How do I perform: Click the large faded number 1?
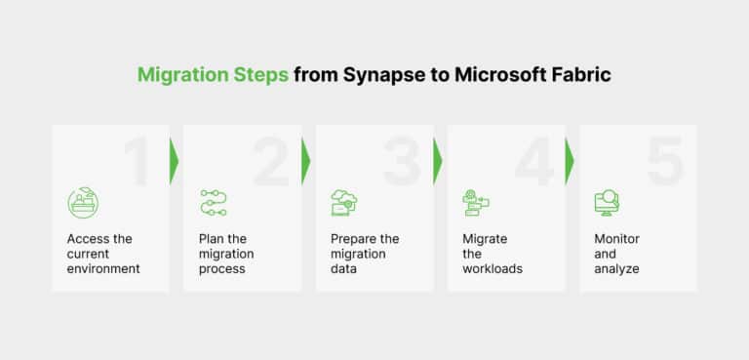point(136,161)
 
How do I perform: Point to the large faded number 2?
point(271,161)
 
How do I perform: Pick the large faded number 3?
point(402,161)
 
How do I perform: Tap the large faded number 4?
point(534,161)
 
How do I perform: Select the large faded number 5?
point(665,161)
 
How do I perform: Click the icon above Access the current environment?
point(83,202)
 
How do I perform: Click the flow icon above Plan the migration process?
point(214,202)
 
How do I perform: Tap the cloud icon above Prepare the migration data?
point(344,202)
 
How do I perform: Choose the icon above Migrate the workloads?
point(476,202)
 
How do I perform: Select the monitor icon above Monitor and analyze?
point(607,202)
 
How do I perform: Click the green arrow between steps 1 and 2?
point(175,161)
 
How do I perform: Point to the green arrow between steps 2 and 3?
point(306,161)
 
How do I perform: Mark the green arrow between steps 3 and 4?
point(438,161)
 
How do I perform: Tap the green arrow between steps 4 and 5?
point(570,161)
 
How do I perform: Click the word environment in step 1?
point(103,268)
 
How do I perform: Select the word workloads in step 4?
point(493,268)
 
